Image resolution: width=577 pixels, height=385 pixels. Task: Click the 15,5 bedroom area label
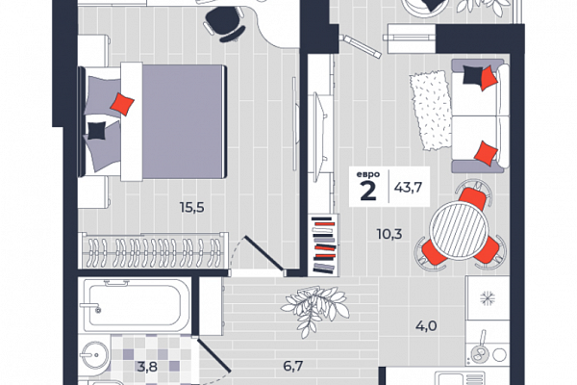point(191,208)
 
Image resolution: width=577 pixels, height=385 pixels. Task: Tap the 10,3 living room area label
point(389,234)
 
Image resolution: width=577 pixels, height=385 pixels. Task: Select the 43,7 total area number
point(408,188)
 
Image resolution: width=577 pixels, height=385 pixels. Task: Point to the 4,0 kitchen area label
point(426,326)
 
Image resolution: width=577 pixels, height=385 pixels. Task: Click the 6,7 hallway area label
point(293,366)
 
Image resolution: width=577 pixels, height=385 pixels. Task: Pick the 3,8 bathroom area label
point(147,367)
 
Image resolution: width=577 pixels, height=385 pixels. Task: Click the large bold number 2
point(368,191)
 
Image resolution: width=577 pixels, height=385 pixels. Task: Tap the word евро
point(368,174)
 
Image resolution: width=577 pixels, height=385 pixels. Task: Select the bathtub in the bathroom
point(136,305)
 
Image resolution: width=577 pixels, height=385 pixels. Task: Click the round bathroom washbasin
point(95,355)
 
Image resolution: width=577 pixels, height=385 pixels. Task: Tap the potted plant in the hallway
point(315,309)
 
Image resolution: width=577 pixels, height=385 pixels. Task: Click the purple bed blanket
point(184,121)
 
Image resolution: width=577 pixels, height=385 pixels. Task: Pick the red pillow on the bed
point(122,104)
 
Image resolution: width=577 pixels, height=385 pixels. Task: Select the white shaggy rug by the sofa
point(431,110)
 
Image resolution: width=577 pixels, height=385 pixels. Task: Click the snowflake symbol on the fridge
point(488,297)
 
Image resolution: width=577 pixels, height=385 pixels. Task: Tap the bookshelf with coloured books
point(324,244)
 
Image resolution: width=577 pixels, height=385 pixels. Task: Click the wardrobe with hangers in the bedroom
point(154,250)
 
